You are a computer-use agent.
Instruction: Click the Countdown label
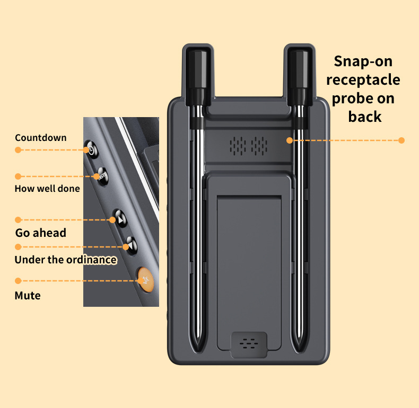[x=41, y=138]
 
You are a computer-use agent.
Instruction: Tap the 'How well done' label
[x=47, y=188]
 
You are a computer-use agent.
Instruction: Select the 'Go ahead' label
[x=40, y=233]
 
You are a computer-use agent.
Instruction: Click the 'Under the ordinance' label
[x=65, y=260]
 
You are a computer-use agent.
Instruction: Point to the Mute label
[x=27, y=295]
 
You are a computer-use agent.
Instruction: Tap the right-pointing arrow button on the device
[x=120, y=218]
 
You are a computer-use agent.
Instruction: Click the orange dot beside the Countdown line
[x=18, y=150]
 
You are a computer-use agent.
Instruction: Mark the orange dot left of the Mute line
[x=18, y=280]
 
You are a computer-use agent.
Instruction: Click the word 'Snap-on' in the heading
[x=363, y=61]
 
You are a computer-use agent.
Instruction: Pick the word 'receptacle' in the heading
[x=363, y=80]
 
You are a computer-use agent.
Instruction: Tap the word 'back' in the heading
[x=365, y=117]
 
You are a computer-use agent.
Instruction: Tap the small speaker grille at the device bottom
[x=249, y=344]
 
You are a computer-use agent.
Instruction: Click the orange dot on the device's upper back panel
[x=290, y=140]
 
